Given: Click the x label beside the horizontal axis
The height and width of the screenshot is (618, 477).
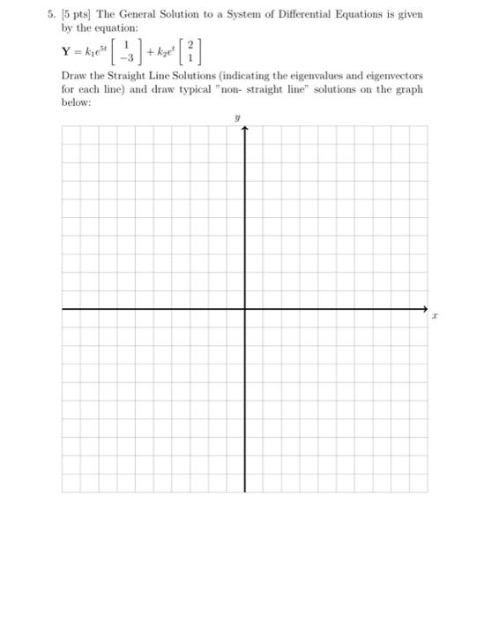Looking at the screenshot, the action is pos(436,313).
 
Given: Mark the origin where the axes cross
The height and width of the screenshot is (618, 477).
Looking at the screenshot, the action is pos(244,309).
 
